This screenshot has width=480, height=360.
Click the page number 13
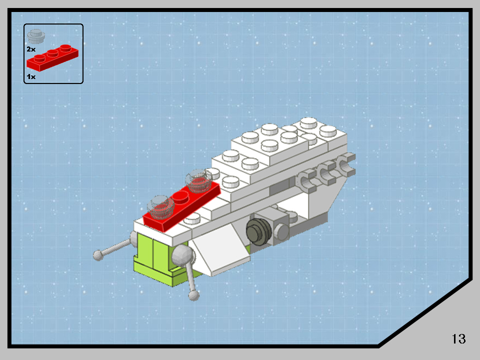point(458,338)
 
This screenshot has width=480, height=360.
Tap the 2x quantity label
point(31,49)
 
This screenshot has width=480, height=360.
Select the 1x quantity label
point(31,76)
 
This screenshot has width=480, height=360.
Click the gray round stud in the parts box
point(36,36)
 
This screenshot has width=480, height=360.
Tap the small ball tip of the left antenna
point(98,255)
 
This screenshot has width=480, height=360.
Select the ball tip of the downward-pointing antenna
point(193,295)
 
